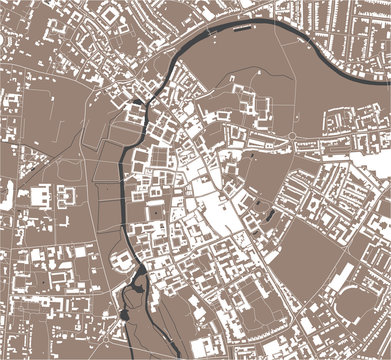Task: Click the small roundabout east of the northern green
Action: (x=291, y=135)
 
